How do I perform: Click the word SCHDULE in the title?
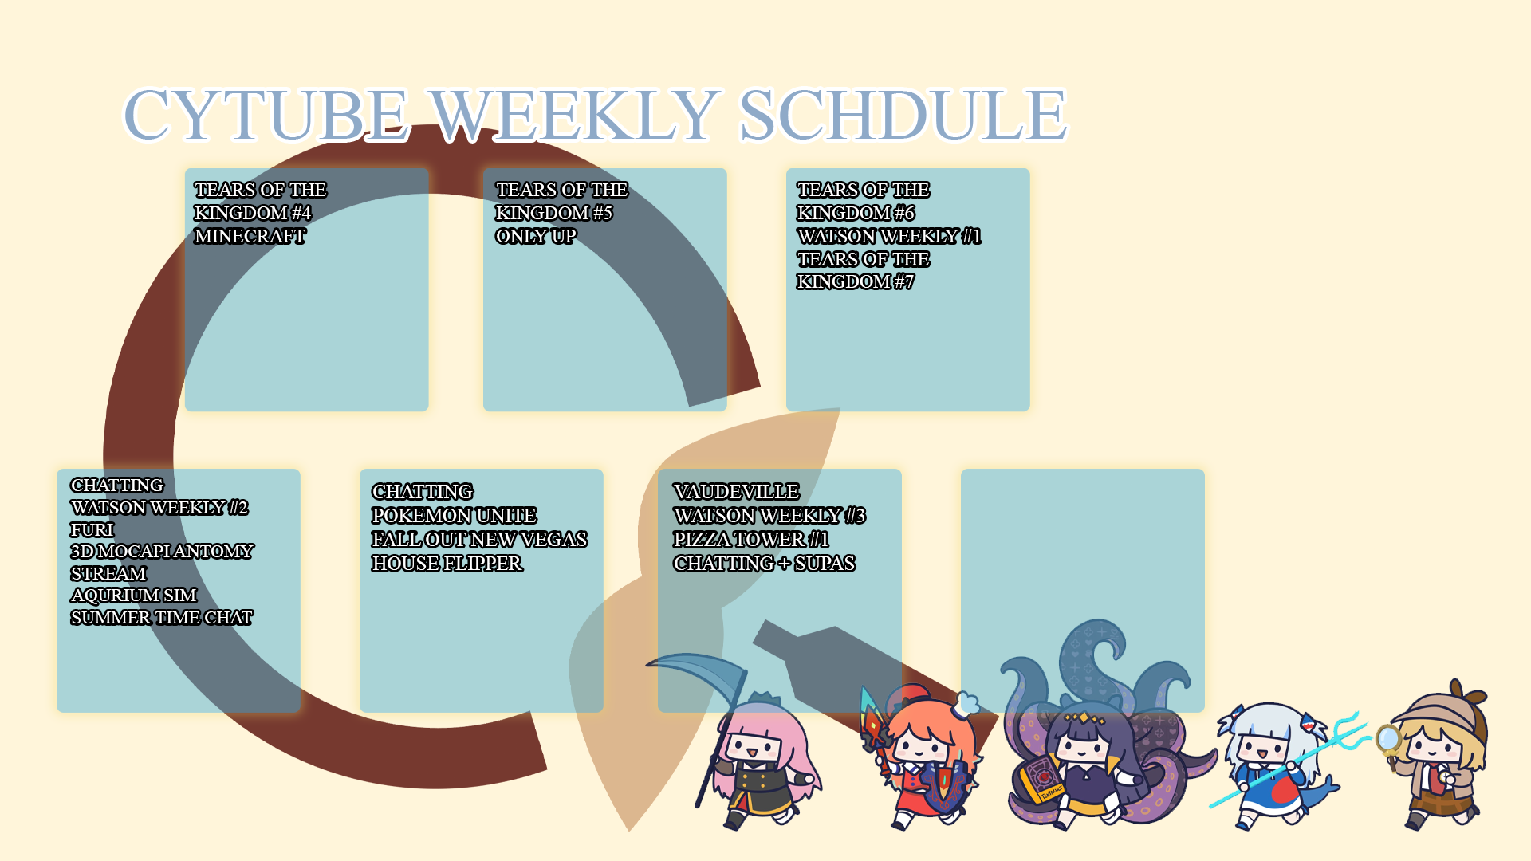[x=903, y=115]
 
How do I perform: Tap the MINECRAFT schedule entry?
[x=250, y=237]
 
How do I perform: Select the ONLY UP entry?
[x=536, y=237]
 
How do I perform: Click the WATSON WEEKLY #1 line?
[x=889, y=237]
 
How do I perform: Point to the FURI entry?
[x=92, y=530]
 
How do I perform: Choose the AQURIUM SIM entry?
[x=133, y=596]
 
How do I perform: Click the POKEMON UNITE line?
[x=455, y=516]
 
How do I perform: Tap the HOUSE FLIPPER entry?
[x=447, y=564]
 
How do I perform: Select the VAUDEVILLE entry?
[x=736, y=492]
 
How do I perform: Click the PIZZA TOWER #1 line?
[x=751, y=540]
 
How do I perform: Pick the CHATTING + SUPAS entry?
[x=764, y=564]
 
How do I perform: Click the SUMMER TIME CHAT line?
[x=162, y=618]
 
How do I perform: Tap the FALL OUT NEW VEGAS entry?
[x=479, y=540]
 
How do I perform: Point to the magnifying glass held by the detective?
[x=1388, y=740]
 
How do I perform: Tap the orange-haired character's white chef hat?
[x=966, y=704]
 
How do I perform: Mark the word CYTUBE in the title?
[x=266, y=115]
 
